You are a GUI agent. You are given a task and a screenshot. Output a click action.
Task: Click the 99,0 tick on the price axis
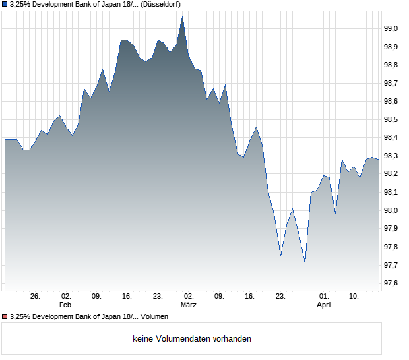click(x=391, y=28)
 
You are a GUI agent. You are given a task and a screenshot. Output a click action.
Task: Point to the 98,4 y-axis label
click(x=391, y=138)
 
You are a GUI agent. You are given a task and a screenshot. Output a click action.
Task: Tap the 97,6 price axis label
click(x=391, y=284)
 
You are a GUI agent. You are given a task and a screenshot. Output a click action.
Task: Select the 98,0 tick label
click(x=391, y=210)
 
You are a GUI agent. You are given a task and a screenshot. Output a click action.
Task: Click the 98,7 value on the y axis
click(x=391, y=83)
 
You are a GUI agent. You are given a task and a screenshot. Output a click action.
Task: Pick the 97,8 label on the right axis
click(x=391, y=247)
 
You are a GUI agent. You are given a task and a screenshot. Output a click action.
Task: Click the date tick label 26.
click(x=36, y=297)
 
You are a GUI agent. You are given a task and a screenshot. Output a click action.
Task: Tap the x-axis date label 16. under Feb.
click(x=127, y=297)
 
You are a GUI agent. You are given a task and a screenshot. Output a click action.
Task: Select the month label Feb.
click(x=66, y=305)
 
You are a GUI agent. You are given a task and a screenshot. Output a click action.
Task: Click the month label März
click(x=189, y=305)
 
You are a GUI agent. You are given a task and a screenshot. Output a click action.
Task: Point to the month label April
click(x=324, y=305)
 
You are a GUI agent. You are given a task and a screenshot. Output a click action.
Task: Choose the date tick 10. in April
click(x=354, y=297)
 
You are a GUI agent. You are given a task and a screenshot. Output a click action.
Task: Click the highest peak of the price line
click(x=182, y=17)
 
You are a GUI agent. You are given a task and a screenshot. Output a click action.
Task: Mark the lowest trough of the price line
click(x=305, y=263)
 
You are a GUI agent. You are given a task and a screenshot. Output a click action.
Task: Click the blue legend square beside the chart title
click(x=5, y=4)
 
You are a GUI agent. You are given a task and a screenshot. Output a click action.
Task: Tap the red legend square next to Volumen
click(x=5, y=317)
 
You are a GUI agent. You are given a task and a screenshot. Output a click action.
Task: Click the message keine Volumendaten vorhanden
click(x=192, y=339)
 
